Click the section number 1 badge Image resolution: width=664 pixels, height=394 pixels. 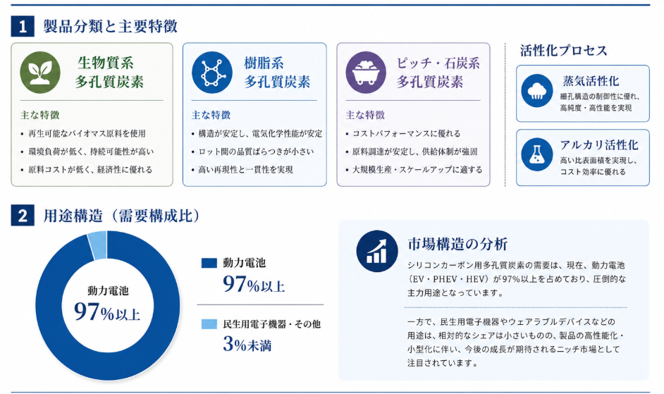tap(23, 26)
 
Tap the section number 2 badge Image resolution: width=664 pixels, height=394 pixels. tap(23, 216)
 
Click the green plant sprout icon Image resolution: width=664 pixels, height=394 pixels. tap(40, 73)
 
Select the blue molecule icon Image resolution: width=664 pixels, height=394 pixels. tap(211, 73)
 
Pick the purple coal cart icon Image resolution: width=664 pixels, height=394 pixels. tap(366, 73)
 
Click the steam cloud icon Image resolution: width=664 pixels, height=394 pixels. tap(537, 91)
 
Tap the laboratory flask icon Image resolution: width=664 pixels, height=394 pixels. tap(537, 154)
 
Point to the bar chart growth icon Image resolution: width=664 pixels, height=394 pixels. tap(377, 251)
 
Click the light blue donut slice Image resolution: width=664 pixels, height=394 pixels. tap(98, 245)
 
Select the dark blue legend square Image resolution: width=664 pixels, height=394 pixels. tap(209, 263)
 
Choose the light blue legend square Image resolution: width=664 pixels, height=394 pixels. tap(209, 324)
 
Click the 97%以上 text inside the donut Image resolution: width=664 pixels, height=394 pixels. tap(107, 312)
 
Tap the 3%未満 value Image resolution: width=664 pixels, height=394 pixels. tap(247, 344)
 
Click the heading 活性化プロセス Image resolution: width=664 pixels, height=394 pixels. tap(564, 51)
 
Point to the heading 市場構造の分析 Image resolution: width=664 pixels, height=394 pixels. tap(457, 244)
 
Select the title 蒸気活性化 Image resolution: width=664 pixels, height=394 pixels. tap(591, 81)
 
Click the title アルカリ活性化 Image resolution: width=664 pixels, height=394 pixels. tap(598, 145)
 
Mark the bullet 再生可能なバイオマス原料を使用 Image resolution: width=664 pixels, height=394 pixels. tap(87, 133)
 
